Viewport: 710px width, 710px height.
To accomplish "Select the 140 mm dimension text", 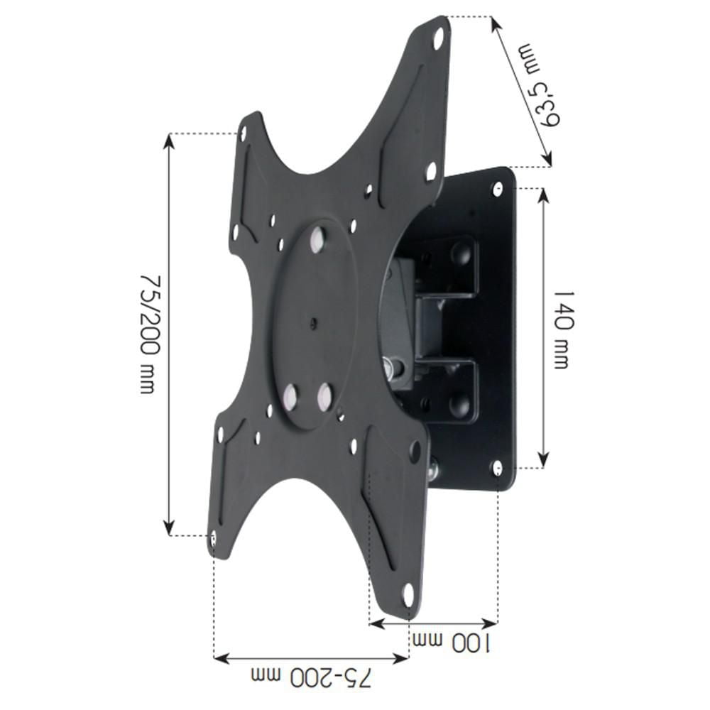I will point(561,328).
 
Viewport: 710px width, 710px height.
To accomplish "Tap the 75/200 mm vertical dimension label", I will point(147,334).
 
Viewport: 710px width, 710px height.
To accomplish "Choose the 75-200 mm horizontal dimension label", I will point(313,678).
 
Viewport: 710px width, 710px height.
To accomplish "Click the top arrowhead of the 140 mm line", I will point(543,194).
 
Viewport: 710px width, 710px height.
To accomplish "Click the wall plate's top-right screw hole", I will point(498,188).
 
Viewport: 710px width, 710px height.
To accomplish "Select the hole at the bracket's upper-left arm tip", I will point(243,132).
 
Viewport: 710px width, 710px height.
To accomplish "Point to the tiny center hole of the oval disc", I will point(313,324).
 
